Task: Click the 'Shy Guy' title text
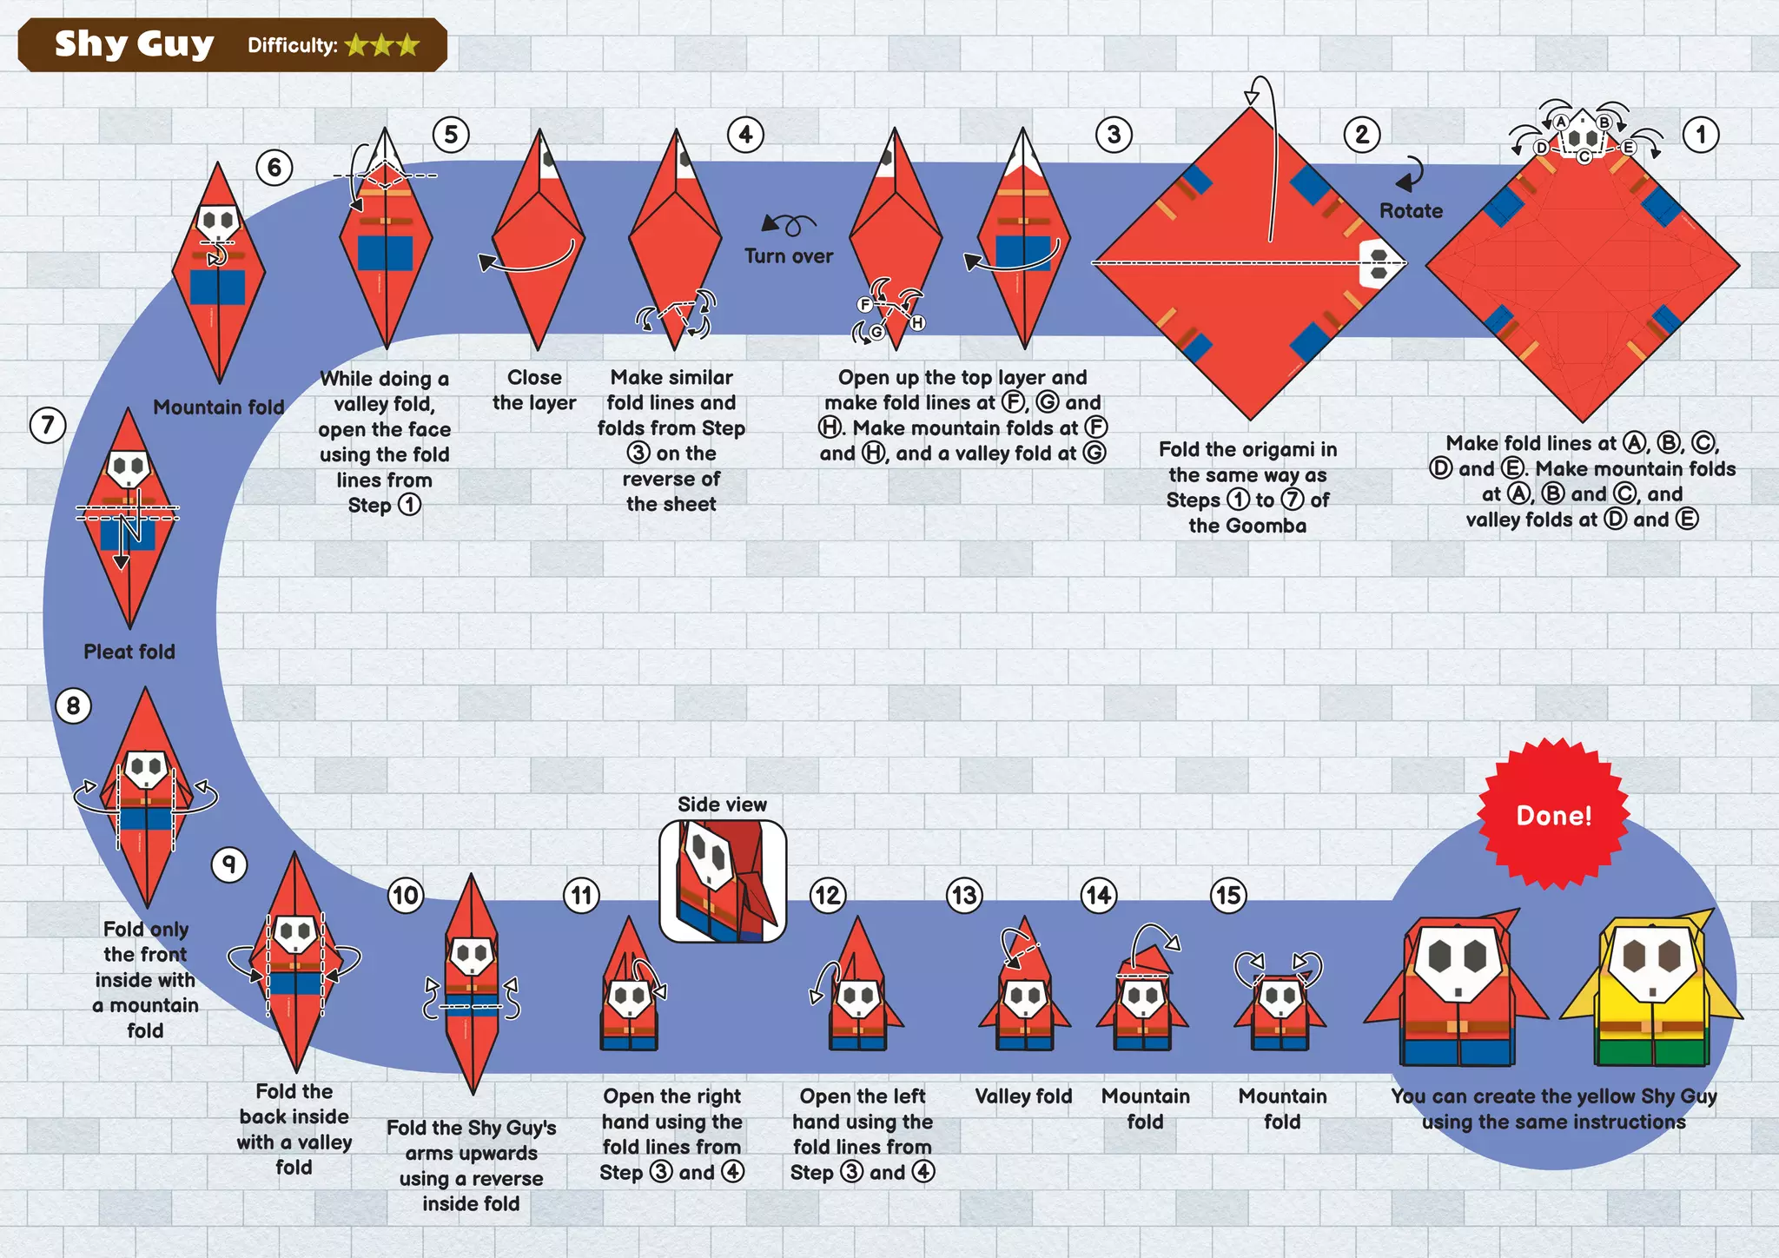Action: click(134, 43)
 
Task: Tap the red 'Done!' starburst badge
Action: click(1553, 815)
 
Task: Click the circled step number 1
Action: click(1700, 135)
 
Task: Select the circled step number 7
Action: click(48, 425)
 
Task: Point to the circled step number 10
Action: click(406, 895)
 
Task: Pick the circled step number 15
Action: click(1228, 895)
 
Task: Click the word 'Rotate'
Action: click(1411, 210)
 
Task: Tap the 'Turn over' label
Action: click(788, 255)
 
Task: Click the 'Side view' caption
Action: click(722, 804)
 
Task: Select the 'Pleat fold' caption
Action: click(129, 652)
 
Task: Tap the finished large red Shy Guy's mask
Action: click(1458, 960)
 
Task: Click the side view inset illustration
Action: click(723, 881)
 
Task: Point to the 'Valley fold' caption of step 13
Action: click(1023, 1096)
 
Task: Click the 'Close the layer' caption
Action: click(534, 390)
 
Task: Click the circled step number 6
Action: click(274, 167)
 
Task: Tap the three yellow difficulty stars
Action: click(382, 45)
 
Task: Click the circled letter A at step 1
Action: click(1561, 122)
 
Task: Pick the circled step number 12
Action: click(827, 895)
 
